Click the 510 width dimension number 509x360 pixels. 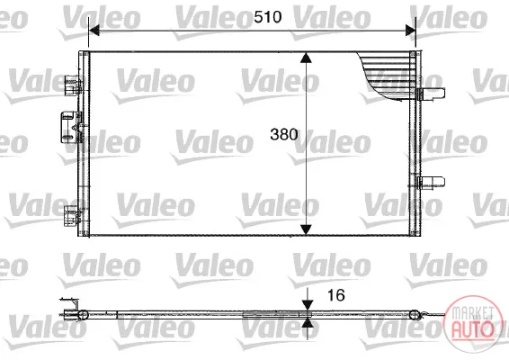click(267, 17)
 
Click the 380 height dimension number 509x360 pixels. click(283, 134)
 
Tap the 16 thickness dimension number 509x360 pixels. click(336, 295)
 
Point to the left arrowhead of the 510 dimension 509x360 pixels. click(94, 31)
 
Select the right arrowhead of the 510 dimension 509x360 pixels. click(411, 31)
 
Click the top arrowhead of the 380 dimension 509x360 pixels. click(306, 58)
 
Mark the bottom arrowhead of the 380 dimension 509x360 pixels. click(306, 229)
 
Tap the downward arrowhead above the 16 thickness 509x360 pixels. click(307, 305)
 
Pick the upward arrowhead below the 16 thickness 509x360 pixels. click(307, 322)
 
